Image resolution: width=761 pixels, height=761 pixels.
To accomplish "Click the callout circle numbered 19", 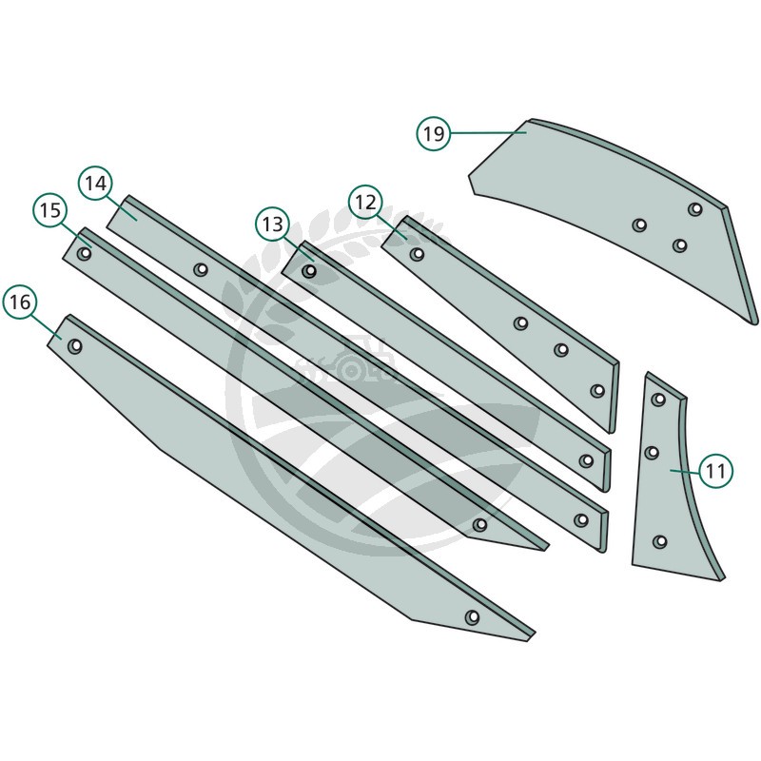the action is click(434, 133).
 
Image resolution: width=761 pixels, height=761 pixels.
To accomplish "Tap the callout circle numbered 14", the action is click(96, 184).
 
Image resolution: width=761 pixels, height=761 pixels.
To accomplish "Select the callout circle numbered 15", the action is click(50, 210).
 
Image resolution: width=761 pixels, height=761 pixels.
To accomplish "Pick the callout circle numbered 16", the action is click(20, 302).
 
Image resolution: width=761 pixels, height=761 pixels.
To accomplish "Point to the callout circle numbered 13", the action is click(273, 224).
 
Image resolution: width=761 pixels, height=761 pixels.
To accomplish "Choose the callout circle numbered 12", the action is click(365, 202).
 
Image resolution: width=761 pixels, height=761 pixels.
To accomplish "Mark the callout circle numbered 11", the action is click(716, 471).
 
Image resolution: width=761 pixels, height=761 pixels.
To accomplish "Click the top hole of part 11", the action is click(658, 400).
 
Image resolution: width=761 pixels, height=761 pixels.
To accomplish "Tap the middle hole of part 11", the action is click(652, 453).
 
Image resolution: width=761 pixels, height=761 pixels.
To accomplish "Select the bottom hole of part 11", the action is click(659, 541).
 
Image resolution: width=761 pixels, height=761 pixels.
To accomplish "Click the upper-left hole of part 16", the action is click(75, 346).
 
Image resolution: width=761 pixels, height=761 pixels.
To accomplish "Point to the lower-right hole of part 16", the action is click(472, 617).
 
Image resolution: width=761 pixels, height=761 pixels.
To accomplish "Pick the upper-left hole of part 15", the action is click(86, 254).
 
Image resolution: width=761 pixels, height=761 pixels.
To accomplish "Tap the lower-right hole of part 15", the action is click(479, 525).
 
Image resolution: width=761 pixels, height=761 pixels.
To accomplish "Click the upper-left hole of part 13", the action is click(309, 270).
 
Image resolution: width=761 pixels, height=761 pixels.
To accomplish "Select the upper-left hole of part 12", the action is click(417, 254).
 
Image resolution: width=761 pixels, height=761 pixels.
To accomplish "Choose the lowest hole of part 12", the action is click(597, 391).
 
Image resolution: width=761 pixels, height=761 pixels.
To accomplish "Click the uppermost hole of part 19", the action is click(695, 209).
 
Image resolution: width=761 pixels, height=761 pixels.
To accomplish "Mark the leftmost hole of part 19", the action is click(639, 224).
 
